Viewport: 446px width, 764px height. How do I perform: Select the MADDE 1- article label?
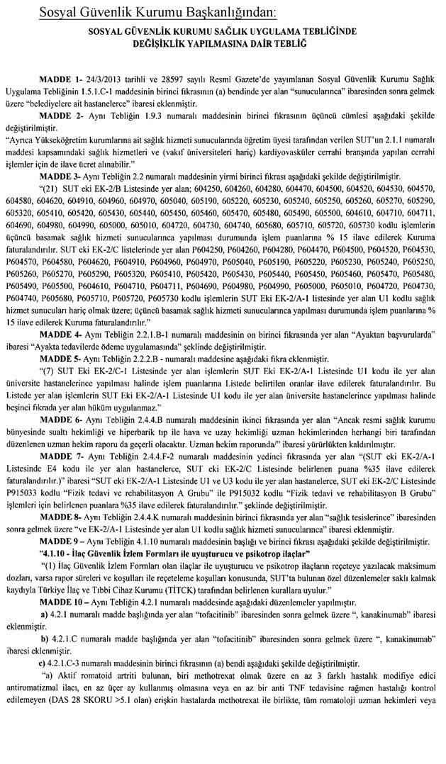[60, 96]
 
